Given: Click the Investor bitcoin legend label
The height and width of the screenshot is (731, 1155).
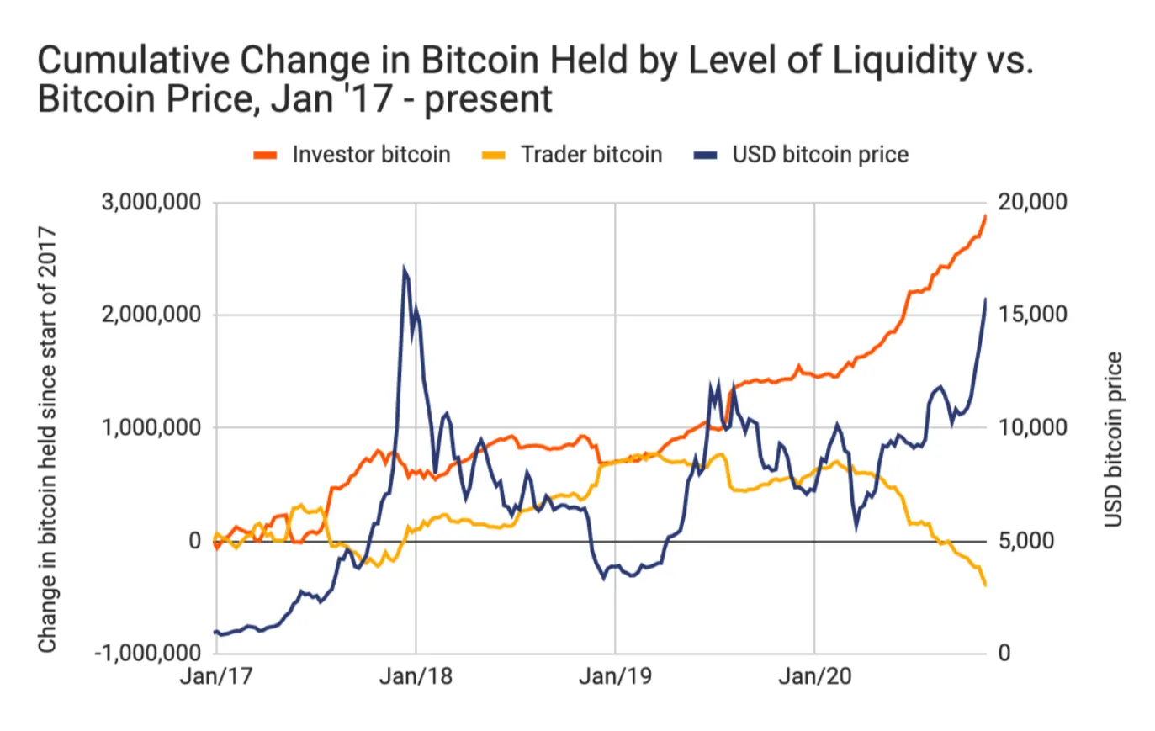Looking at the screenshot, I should [371, 155].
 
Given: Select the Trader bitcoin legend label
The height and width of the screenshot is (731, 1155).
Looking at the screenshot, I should [591, 155].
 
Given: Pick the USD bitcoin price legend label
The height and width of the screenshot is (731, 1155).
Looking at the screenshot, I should [819, 155].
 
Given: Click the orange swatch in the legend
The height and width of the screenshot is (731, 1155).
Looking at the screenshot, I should [266, 156].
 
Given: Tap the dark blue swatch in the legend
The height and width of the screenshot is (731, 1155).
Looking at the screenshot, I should [706, 156].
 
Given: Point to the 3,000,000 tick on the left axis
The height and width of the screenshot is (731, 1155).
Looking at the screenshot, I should [151, 202].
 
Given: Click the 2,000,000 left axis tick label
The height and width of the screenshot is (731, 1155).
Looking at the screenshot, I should [151, 315].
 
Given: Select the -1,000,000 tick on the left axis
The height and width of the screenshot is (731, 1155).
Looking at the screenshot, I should [147, 653].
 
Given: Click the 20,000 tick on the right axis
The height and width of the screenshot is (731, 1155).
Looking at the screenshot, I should [1032, 202].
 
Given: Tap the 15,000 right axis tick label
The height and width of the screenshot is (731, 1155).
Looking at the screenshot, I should [1032, 315].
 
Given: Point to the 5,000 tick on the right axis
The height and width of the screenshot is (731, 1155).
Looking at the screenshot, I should [1026, 540].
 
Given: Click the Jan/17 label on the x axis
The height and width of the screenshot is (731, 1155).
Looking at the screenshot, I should [216, 676].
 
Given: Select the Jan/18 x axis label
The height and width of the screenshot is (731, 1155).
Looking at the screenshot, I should [416, 676].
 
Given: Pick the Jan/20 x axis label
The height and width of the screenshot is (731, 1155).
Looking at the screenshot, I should [814, 676].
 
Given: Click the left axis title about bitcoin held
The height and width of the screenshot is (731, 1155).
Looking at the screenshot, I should [47, 439].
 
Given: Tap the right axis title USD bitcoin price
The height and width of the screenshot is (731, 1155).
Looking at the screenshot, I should [1113, 439].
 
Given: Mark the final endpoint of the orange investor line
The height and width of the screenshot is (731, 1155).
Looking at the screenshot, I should [985, 216].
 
